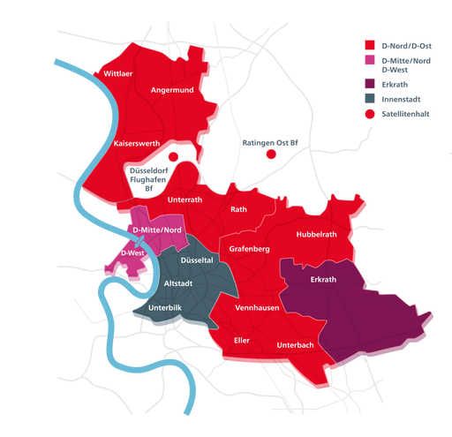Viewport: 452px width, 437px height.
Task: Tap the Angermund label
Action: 172,89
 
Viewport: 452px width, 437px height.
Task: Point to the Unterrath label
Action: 185,200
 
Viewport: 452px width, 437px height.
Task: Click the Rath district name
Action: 238,210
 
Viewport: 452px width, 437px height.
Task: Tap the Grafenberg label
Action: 249,250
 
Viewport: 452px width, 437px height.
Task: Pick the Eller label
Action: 241,339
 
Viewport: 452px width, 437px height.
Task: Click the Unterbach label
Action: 297,344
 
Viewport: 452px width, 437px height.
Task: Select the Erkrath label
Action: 324,281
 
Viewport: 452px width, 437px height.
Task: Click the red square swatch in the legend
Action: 370,45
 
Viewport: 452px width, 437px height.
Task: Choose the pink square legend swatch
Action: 370,64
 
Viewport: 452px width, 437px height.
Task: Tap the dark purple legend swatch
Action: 370,84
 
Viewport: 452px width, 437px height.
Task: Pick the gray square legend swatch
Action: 370,98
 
